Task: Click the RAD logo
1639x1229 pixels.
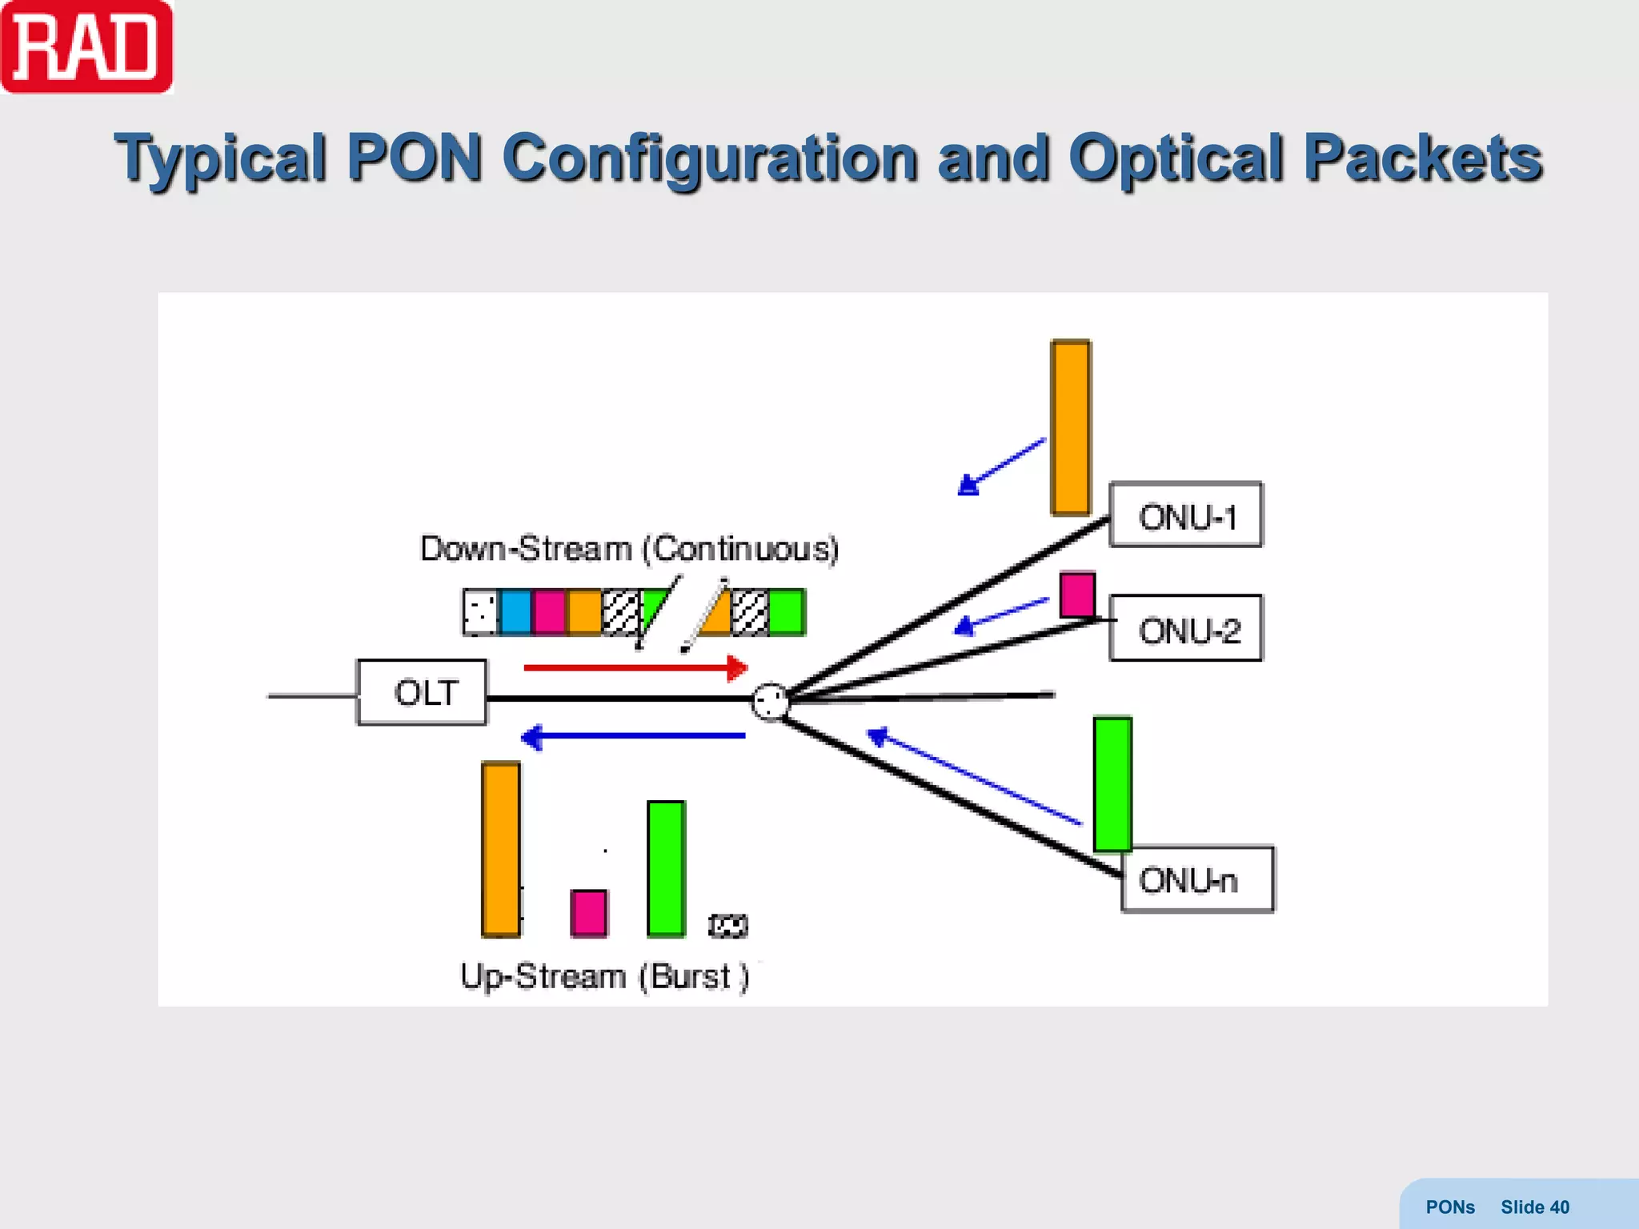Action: click(86, 47)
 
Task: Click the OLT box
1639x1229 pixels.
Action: click(422, 692)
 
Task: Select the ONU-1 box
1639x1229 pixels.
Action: click(1185, 514)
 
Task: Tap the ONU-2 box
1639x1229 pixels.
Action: click(1186, 628)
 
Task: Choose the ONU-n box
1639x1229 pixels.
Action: click(1197, 879)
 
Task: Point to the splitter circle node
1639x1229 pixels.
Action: click(771, 702)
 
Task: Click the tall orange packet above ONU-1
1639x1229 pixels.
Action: click(1071, 427)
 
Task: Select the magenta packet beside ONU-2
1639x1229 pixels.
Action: click(1077, 594)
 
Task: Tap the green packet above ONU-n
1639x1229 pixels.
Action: click(1112, 784)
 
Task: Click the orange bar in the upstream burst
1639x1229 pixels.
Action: click(501, 849)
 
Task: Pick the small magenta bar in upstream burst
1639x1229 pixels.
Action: click(589, 913)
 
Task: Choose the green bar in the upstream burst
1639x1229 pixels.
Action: click(666, 868)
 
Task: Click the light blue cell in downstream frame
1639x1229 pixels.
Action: click(515, 612)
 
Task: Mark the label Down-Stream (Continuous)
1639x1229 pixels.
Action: click(629, 549)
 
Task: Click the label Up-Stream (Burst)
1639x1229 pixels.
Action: click(604, 976)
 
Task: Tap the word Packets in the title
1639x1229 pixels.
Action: click(1422, 158)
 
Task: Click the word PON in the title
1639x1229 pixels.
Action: click(414, 158)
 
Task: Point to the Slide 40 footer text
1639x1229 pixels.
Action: click(1534, 1207)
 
